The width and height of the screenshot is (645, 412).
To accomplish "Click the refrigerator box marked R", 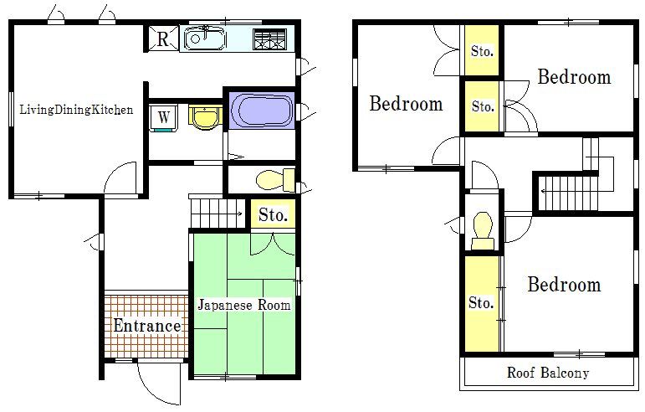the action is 163,39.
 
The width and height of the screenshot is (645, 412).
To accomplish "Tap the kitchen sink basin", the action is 204,39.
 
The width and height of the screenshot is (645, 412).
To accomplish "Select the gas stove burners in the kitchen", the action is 270,39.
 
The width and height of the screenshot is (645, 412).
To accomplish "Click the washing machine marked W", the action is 164,118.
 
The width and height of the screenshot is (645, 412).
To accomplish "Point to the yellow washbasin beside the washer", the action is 205,117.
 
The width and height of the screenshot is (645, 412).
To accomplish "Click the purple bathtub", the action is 262,111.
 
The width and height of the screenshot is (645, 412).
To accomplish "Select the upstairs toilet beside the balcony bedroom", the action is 483,230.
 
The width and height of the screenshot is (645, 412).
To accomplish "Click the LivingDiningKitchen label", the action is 76,110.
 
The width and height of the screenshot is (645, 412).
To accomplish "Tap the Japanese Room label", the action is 244,305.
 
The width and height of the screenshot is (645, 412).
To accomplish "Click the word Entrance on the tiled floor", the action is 147,326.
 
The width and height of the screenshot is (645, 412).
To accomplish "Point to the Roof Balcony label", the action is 548,373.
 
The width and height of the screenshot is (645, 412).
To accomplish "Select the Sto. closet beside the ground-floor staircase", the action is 273,214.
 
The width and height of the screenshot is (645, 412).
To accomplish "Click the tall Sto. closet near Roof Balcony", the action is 482,303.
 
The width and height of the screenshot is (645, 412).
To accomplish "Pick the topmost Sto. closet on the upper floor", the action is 482,50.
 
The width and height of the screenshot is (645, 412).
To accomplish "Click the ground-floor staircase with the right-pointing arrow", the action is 217,214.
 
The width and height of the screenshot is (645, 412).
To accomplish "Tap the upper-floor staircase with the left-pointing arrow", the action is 569,193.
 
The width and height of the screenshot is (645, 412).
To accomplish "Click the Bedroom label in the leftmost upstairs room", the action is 406,103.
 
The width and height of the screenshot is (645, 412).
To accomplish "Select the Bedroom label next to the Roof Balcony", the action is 564,285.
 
